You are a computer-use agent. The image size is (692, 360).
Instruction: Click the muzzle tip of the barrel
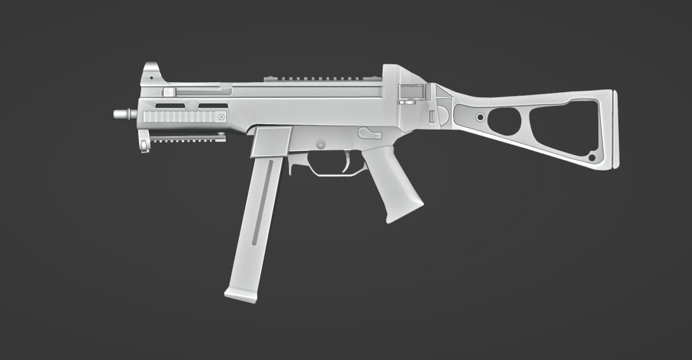pyautogui.click(x=116, y=114)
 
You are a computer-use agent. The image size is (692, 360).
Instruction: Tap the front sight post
pyautogui.click(x=150, y=69)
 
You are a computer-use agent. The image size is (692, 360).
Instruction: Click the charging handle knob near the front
pyautogui.click(x=168, y=92)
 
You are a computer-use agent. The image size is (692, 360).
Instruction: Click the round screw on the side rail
pyautogui.click(x=221, y=117)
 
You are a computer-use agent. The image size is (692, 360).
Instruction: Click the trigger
pyautogui.click(x=347, y=161)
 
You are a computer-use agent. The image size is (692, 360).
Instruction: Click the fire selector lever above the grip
pyautogui.click(x=369, y=133)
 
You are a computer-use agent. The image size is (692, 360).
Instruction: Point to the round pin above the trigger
pyautogui.click(x=320, y=144)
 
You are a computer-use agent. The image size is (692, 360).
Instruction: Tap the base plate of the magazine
pyautogui.click(x=241, y=295)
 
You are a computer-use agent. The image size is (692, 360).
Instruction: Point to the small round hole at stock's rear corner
pyautogui.click(x=592, y=158)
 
